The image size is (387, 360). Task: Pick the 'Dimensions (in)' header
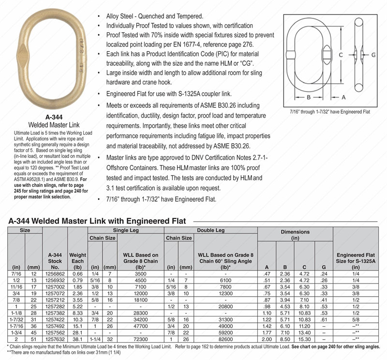pyautogui.click(x=295, y=235)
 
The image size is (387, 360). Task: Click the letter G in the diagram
pyautogui.click(x=373, y=55)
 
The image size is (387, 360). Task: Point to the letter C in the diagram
pyautogui.click(x=341, y=55)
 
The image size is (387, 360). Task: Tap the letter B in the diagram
pyautogui.click(x=308, y=97)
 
